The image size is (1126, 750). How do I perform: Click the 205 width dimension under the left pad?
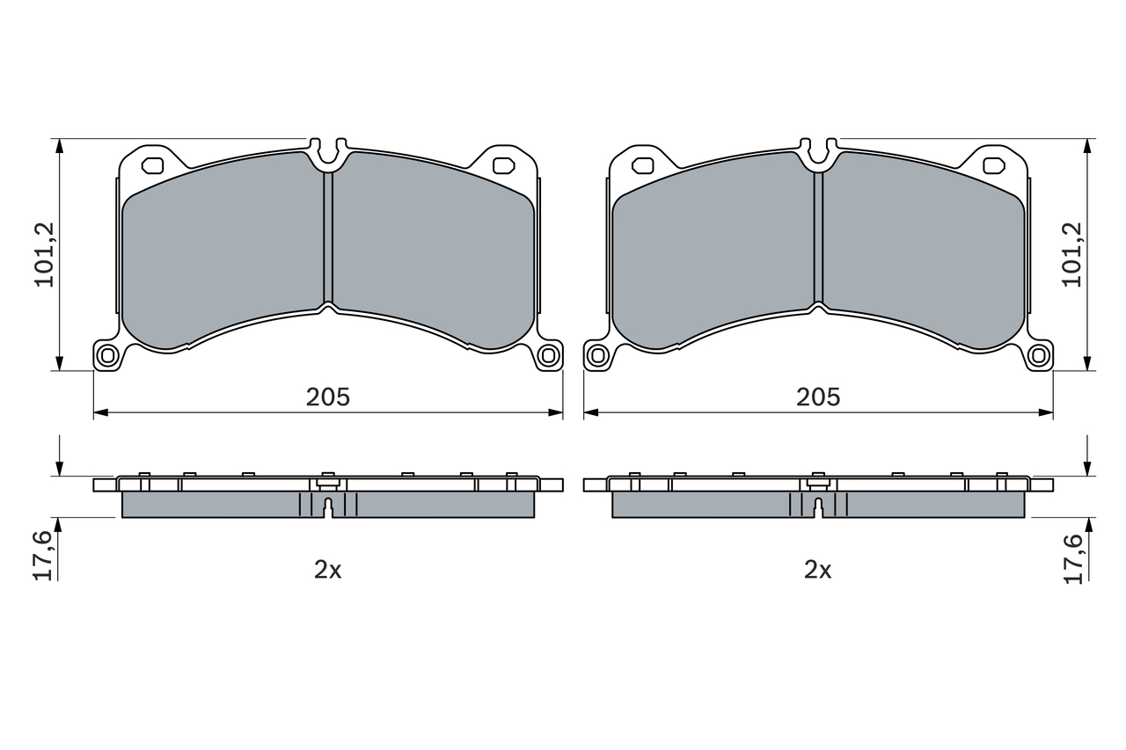tap(328, 397)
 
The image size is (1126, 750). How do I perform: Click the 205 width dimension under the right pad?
tap(818, 397)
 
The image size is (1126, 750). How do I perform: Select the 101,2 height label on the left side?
tap(45, 255)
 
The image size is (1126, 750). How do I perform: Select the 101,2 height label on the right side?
tap(1071, 255)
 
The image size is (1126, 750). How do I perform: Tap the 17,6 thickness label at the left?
tap(44, 556)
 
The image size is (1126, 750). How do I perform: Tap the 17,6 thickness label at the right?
tap(1072, 559)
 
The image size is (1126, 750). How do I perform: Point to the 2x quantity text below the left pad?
tap(328, 570)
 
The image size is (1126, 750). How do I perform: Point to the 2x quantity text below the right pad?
tap(818, 570)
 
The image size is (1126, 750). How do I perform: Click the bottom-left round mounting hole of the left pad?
tap(107, 356)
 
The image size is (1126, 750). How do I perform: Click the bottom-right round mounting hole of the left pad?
tap(548, 356)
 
